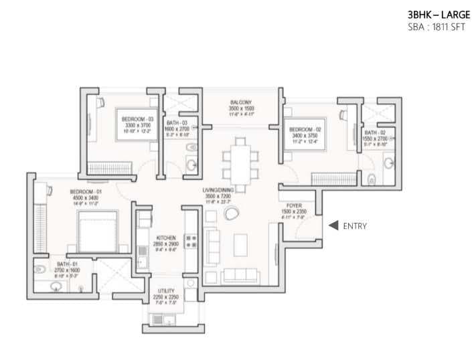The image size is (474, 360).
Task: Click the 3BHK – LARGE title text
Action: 433,14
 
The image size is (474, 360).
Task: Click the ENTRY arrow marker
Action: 332,226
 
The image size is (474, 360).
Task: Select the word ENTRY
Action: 354,226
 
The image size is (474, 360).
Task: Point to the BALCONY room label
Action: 240,102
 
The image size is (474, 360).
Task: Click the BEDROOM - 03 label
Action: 137,119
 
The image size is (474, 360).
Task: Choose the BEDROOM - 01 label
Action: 85,192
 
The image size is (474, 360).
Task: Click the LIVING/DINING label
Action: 222,191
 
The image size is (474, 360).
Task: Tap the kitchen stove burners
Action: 189,242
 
